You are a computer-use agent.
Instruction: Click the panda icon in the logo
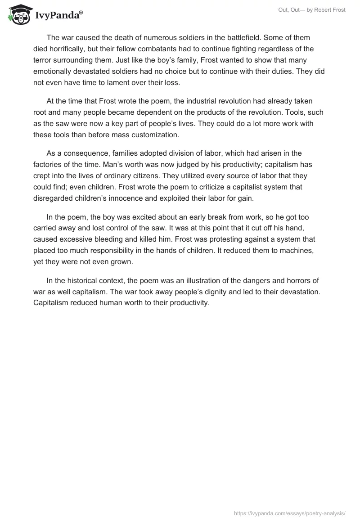(18, 14)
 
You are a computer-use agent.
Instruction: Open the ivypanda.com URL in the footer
(290, 513)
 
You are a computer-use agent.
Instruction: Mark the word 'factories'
(50, 165)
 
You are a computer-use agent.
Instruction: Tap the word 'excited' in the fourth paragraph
(138, 217)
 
